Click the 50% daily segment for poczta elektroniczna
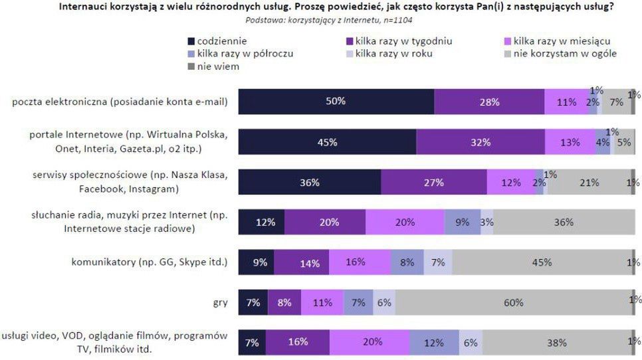(x=336, y=102)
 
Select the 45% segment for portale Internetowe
(x=327, y=142)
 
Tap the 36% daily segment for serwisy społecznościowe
(x=309, y=182)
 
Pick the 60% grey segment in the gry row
(x=512, y=302)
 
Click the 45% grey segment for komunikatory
(x=541, y=262)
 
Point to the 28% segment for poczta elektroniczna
(x=489, y=102)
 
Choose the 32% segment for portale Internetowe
(x=481, y=142)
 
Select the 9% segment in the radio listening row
(x=462, y=222)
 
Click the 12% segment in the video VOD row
(x=434, y=342)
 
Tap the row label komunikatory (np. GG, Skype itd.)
(x=150, y=262)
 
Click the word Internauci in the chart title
(x=82, y=7)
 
